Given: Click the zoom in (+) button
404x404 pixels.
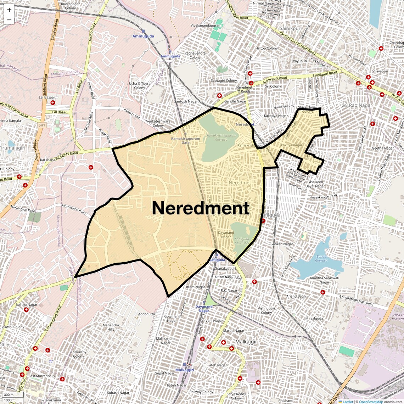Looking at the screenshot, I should (x=9, y=10).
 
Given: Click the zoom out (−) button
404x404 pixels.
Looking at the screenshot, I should (x=9, y=20).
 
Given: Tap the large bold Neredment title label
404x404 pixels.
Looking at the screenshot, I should (x=201, y=208).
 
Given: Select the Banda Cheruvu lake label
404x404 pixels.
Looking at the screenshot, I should (x=321, y=258).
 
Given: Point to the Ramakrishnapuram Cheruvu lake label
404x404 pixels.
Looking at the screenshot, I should (x=221, y=138).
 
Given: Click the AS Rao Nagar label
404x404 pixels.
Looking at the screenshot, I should (x=357, y=105).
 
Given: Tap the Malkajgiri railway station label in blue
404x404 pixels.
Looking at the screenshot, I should (x=185, y=370).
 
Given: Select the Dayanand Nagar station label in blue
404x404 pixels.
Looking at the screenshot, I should (x=204, y=309).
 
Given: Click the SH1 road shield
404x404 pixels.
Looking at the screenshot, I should (x=42, y=125).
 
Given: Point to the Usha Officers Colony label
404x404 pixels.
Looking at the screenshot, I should (x=140, y=86).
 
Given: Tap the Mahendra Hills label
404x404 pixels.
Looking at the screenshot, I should (x=111, y=327).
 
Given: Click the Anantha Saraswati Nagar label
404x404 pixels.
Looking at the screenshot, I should (x=324, y=280).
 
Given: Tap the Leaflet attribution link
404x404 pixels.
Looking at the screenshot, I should (x=347, y=402).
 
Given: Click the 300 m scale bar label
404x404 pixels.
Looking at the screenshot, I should (x=9, y=395).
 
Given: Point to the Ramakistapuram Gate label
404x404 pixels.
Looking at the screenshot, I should (x=185, y=140).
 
